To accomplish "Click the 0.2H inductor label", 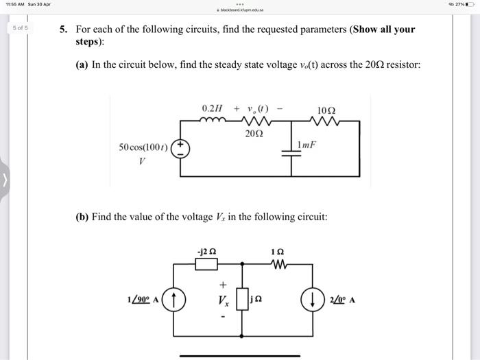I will [213, 109].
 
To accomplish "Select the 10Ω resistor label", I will [326, 110].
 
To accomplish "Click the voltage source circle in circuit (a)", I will [180, 149].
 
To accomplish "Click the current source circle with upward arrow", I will [176, 299].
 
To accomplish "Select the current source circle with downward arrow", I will [313, 299].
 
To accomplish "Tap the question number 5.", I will [62, 30].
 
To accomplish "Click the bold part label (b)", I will [82, 217].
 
